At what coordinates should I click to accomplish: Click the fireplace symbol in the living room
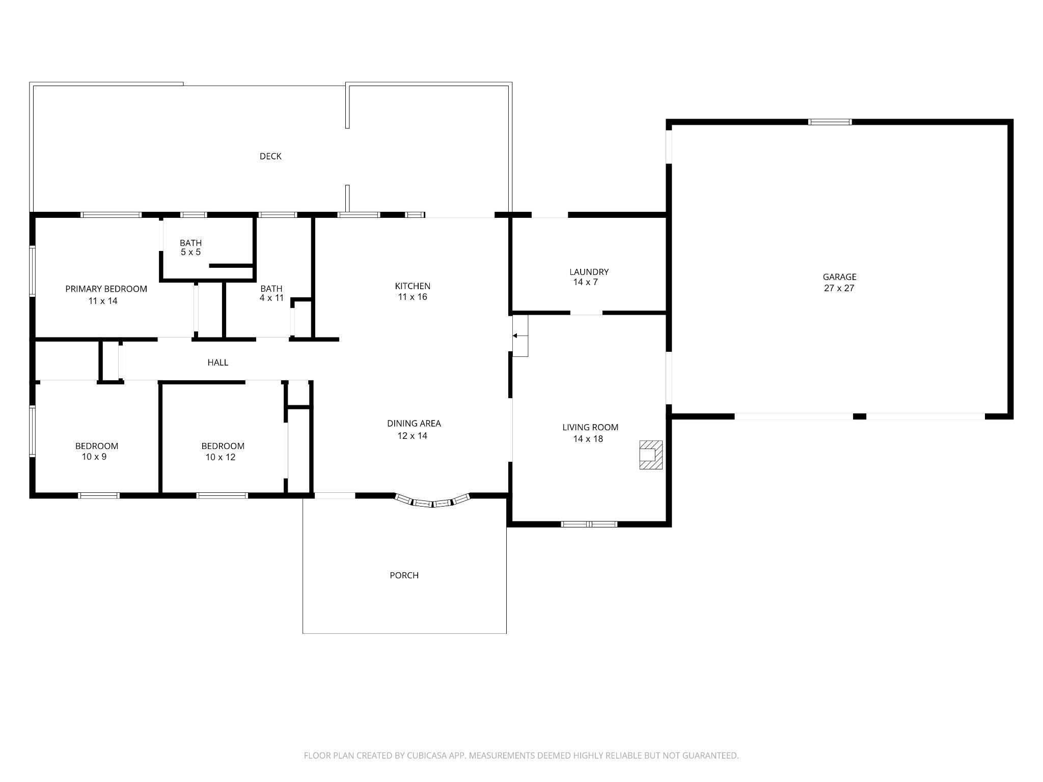(x=651, y=455)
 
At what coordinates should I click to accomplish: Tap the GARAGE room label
(x=839, y=277)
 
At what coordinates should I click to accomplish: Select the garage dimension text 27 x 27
(x=839, y=288)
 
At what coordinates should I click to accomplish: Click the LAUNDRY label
(x=589, y=272)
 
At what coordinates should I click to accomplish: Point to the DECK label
(x=270, y=156)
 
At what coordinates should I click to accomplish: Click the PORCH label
(x=404, y=575)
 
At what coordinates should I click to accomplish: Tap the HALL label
(x=217, y=362)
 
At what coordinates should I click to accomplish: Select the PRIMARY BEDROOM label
(x=106, y=289)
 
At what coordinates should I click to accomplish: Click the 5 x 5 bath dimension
(x=190, y=252)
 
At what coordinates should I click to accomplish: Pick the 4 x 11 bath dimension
(x=271, y=298)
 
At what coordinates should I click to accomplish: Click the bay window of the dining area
(x=432, y=501)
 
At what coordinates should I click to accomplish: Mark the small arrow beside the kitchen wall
(x=515, y=336)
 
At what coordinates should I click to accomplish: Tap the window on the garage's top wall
(x=830, y=122)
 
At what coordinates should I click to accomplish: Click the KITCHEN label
(x=413, y=286)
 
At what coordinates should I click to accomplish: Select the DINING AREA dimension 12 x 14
(x=412, y=436)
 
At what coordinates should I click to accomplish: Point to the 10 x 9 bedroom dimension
(x=94, y=457)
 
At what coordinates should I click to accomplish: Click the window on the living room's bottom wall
(x=589, y=524)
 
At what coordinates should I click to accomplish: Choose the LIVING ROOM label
(x=590, y=427)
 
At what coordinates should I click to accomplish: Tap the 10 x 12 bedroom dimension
(x=220, y=457)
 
